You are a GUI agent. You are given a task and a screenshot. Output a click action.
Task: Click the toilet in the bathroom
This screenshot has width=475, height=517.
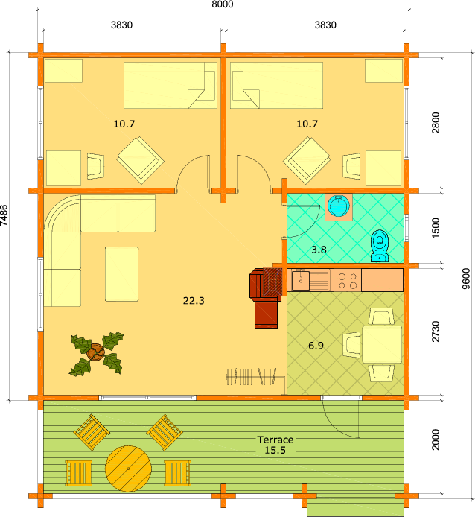pyautogui.click(x=380, y=246)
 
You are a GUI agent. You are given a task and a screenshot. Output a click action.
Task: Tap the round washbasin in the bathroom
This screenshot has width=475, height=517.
pyautogui.click(x=339, y=206)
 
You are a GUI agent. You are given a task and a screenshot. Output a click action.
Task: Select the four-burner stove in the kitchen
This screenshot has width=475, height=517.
pyautogui.click(x=348, y=280)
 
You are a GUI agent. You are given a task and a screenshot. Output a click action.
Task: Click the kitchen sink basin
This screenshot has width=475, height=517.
pyautogui.click(x=301, y=281)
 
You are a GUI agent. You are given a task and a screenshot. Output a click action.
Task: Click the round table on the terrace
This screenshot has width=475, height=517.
pyautogui.click(x=128, y=469)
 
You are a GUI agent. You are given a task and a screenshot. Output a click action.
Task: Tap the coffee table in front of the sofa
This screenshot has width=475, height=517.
pyautogui.click(x=121, y=274)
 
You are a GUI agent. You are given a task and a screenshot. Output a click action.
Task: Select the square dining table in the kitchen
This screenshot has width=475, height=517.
pyautogui.click(x=382, y=345)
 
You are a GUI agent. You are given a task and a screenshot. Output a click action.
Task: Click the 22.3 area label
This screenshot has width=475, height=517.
pyautogui.click(x=194, y=301)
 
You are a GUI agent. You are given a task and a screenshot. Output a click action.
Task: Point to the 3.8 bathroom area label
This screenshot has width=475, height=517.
pyautogui.click(x=319, y=250)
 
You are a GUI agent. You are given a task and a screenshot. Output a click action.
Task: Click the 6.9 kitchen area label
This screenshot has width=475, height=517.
pyautogui.click(x=316, y=346)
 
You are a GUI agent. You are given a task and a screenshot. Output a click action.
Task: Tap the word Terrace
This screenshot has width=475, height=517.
pyautogui.click(x=275, y=440)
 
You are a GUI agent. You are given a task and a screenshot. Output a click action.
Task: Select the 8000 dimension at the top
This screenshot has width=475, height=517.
pyautogui.click(x=222, y=4)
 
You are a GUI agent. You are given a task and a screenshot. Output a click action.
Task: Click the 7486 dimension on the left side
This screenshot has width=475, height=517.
pyautogui.click(x=4, y=215)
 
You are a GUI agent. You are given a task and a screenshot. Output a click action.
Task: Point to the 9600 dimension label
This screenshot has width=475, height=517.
pyautogui.click(x=465, y=279)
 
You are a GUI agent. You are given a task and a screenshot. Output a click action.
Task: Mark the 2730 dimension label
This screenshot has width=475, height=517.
pyautogui.click(x=436, y=332)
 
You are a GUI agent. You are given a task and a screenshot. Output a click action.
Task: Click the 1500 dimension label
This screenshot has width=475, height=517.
pyautogui.click(x=436, y=228)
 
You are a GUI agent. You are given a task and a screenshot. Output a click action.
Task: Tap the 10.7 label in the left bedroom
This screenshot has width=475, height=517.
pyautogui.click(x=124, y=124)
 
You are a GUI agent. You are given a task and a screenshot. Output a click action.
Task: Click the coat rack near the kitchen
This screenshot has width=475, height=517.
pyautogui.click(x=255, y=378)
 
